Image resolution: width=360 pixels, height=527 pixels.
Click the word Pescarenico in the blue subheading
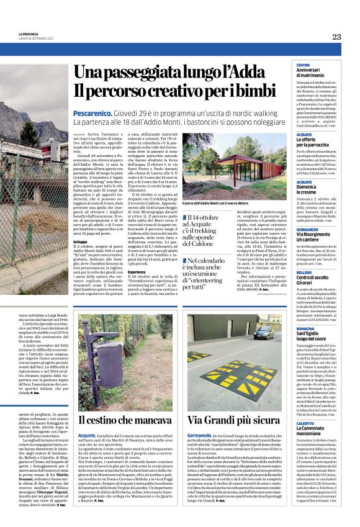pyautogui.click(x=92, y=114)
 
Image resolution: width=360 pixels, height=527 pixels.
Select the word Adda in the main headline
pyautogui.click(x=230, y=73)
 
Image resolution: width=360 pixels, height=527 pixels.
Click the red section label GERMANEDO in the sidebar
pyautogui.click(x=308, y=230)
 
